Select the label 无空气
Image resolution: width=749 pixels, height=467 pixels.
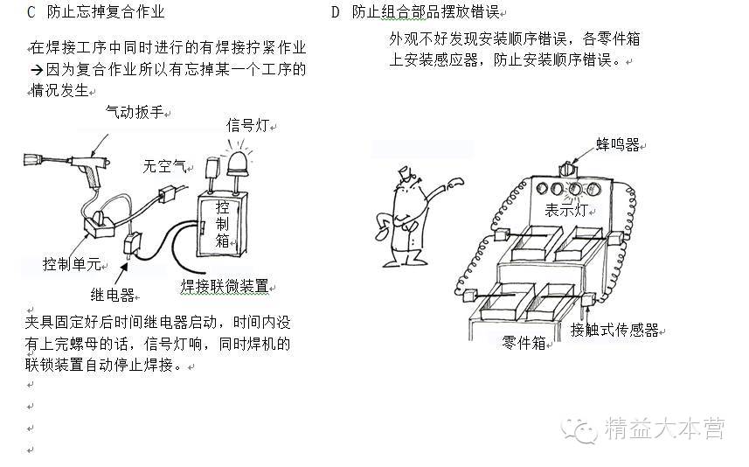pyautogui.click(x=164, y=164)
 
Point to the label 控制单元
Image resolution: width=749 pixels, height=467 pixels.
pyautogui.click(x=73, y=264)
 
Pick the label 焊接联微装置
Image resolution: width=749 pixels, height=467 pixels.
pyautogui.click(x=224, y=286)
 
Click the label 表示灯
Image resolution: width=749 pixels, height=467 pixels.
pyautogui.click(x=565, y=210)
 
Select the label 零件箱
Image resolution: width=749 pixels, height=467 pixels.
pyautogui.click(x=524, y=343)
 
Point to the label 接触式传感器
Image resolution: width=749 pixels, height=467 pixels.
pyautogui.click(x=614, y=330)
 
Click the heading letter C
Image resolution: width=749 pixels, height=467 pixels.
pyautogui.click(x=31, y=12)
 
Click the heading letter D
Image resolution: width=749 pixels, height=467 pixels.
pyautogui.click(x=336, y=12)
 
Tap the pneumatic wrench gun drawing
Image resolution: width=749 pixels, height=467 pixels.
pyautogui.click(x=74, y=162)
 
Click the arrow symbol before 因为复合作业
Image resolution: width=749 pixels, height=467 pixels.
pyautogui.click(x=37, y=69)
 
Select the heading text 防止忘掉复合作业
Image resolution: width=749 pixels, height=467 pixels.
pyautogui.click(x=106, y=12)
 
